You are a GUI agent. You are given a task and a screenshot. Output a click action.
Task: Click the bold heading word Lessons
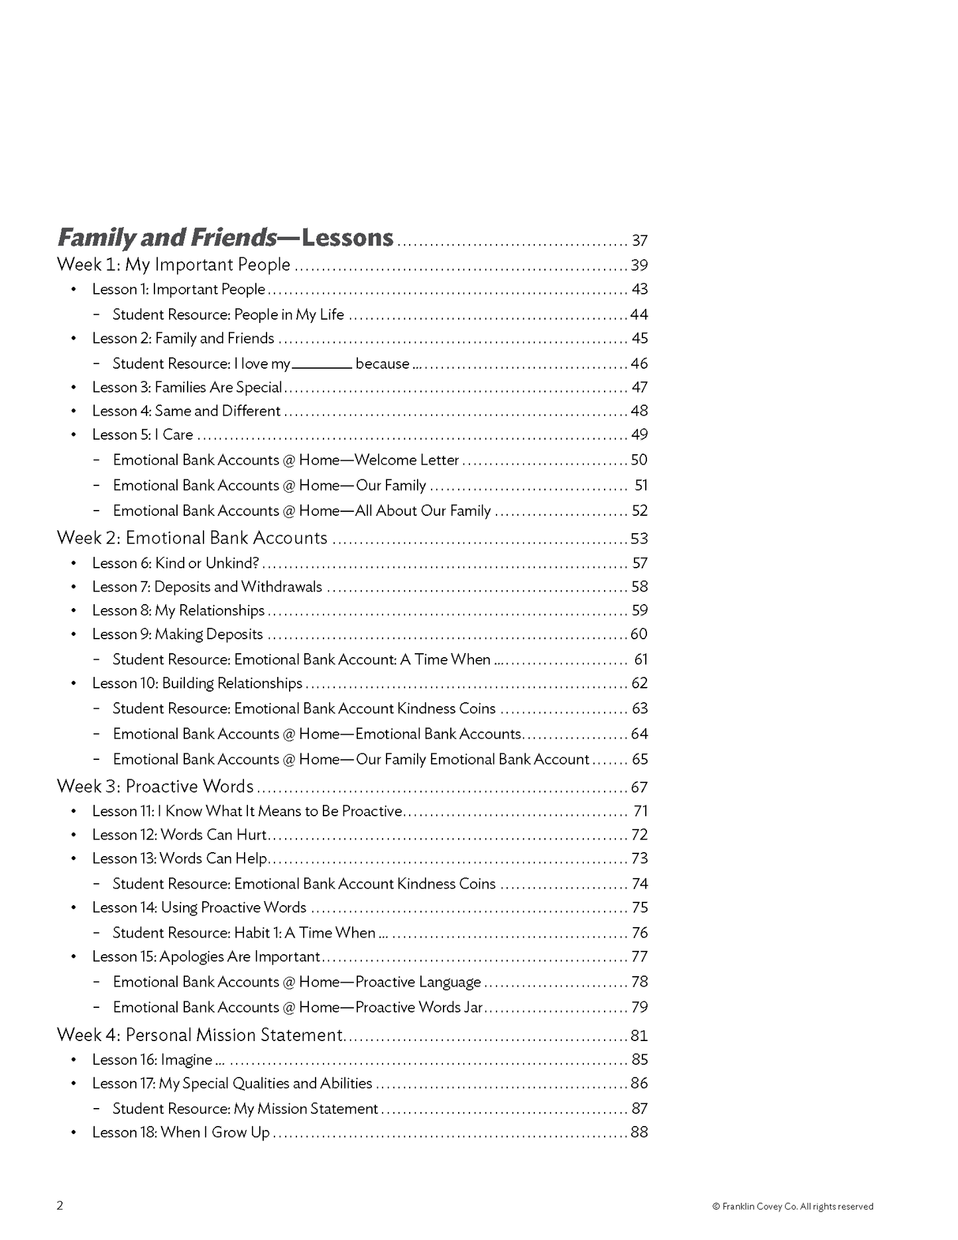point(347,237)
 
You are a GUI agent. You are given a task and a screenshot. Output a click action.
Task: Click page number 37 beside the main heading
point(639,241)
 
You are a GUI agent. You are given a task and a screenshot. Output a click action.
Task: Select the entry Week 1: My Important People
point(174,265)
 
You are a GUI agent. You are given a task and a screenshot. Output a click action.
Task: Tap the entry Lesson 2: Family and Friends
point(183,338)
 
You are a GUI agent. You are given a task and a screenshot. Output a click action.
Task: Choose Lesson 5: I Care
point(143,434)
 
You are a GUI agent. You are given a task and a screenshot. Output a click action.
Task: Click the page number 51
point(640,485)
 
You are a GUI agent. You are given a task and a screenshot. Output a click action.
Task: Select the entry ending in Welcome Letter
point(286,460)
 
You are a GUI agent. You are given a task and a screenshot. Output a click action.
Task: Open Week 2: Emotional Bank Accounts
point(192,538)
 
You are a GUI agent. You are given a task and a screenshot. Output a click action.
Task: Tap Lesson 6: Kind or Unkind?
point(176,563)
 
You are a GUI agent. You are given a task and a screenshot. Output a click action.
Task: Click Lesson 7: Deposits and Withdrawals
point(207,587)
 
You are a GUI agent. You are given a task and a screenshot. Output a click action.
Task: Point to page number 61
point(640,659)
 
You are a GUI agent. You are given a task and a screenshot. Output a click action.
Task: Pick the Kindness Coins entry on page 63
point(304,708)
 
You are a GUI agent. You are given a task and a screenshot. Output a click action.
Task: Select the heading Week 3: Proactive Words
point(155,786)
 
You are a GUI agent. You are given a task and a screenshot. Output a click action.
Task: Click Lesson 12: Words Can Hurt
point(180,835)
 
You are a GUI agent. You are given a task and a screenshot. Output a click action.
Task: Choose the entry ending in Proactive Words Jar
point(298,1007)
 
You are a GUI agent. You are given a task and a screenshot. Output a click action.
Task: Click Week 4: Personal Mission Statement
point(200,1035)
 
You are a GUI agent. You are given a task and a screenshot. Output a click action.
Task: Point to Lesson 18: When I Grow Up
point(181,1133)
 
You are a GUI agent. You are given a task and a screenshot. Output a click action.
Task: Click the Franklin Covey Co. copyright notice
point(792,1206)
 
